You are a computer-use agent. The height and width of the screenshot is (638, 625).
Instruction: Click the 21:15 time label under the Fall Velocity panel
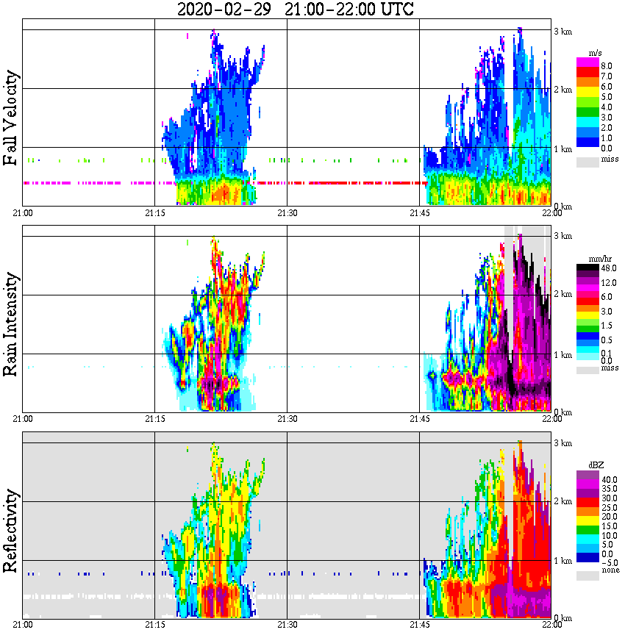point(154,213)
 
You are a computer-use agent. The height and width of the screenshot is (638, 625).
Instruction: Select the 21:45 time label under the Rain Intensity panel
point(419,419)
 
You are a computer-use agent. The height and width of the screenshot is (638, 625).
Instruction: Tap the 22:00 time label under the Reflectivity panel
point(551,625)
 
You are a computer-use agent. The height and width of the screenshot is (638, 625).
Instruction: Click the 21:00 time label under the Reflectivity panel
point(22,625)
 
